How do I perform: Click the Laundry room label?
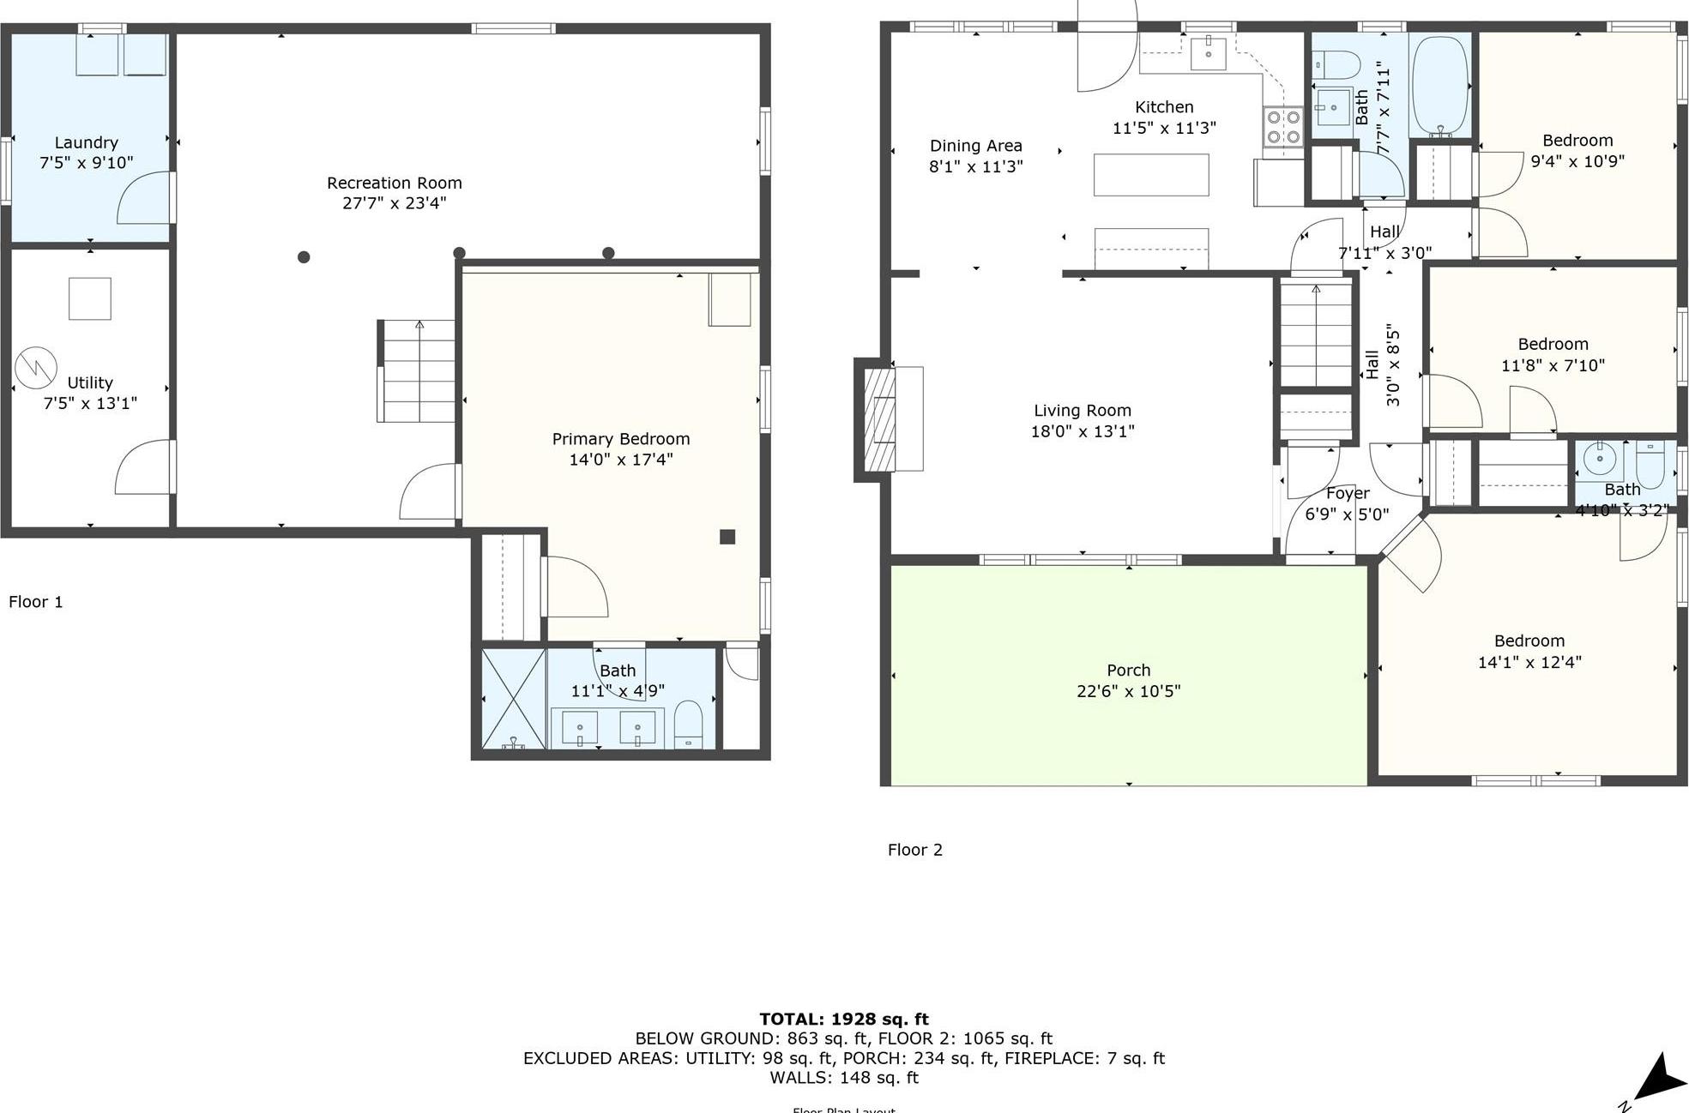click(x=86, y=142)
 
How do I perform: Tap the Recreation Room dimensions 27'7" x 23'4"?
click(x=394, y=203)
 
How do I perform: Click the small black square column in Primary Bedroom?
click(x=727, y=537)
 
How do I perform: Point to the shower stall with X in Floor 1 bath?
click(x=513, y=699)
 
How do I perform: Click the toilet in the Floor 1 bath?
click(x=688, y=725)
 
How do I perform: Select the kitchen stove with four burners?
click(x=1282, y=127)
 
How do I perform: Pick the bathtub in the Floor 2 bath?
click(x=1440, y=86)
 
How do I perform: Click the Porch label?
click(x=1128, y=671)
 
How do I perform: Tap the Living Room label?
click(x=1082, y=411)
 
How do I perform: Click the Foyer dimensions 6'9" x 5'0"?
click(x=1347, y=514)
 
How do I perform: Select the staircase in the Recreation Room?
click(x=418, y=370)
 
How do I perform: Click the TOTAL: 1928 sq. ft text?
click(x=843, y=1019)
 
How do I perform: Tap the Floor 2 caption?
click(x=914, y=850)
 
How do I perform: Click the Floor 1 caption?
click(x=35, y=602)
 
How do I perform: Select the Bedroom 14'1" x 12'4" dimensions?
click(x=1529, y=662)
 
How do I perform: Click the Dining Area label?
click(x=975, y=146)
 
